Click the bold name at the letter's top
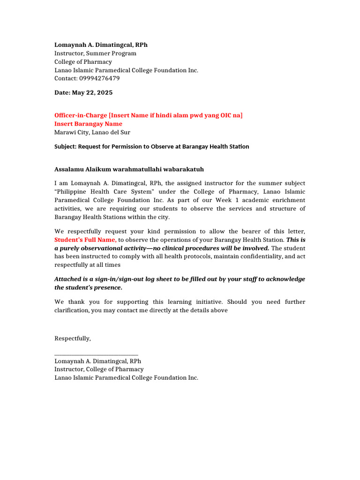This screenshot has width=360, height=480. coord(101,45)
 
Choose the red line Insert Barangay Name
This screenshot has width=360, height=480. coord(88,124)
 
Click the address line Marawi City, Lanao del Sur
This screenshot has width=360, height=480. coord(92,132)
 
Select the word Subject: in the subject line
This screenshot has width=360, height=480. coord(65,147)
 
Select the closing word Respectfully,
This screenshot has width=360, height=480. coord(73,338)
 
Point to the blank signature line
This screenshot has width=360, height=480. coord(96,355)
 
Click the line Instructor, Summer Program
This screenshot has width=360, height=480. coord(95,53)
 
